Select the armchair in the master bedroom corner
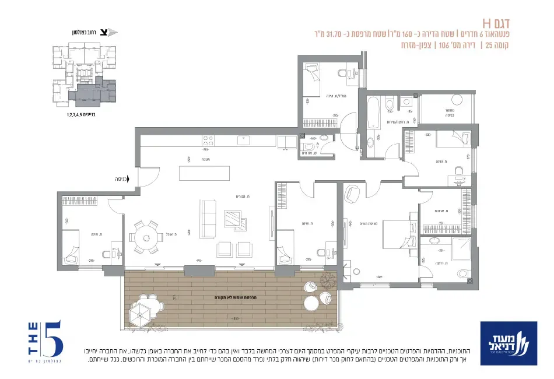[353, 195]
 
